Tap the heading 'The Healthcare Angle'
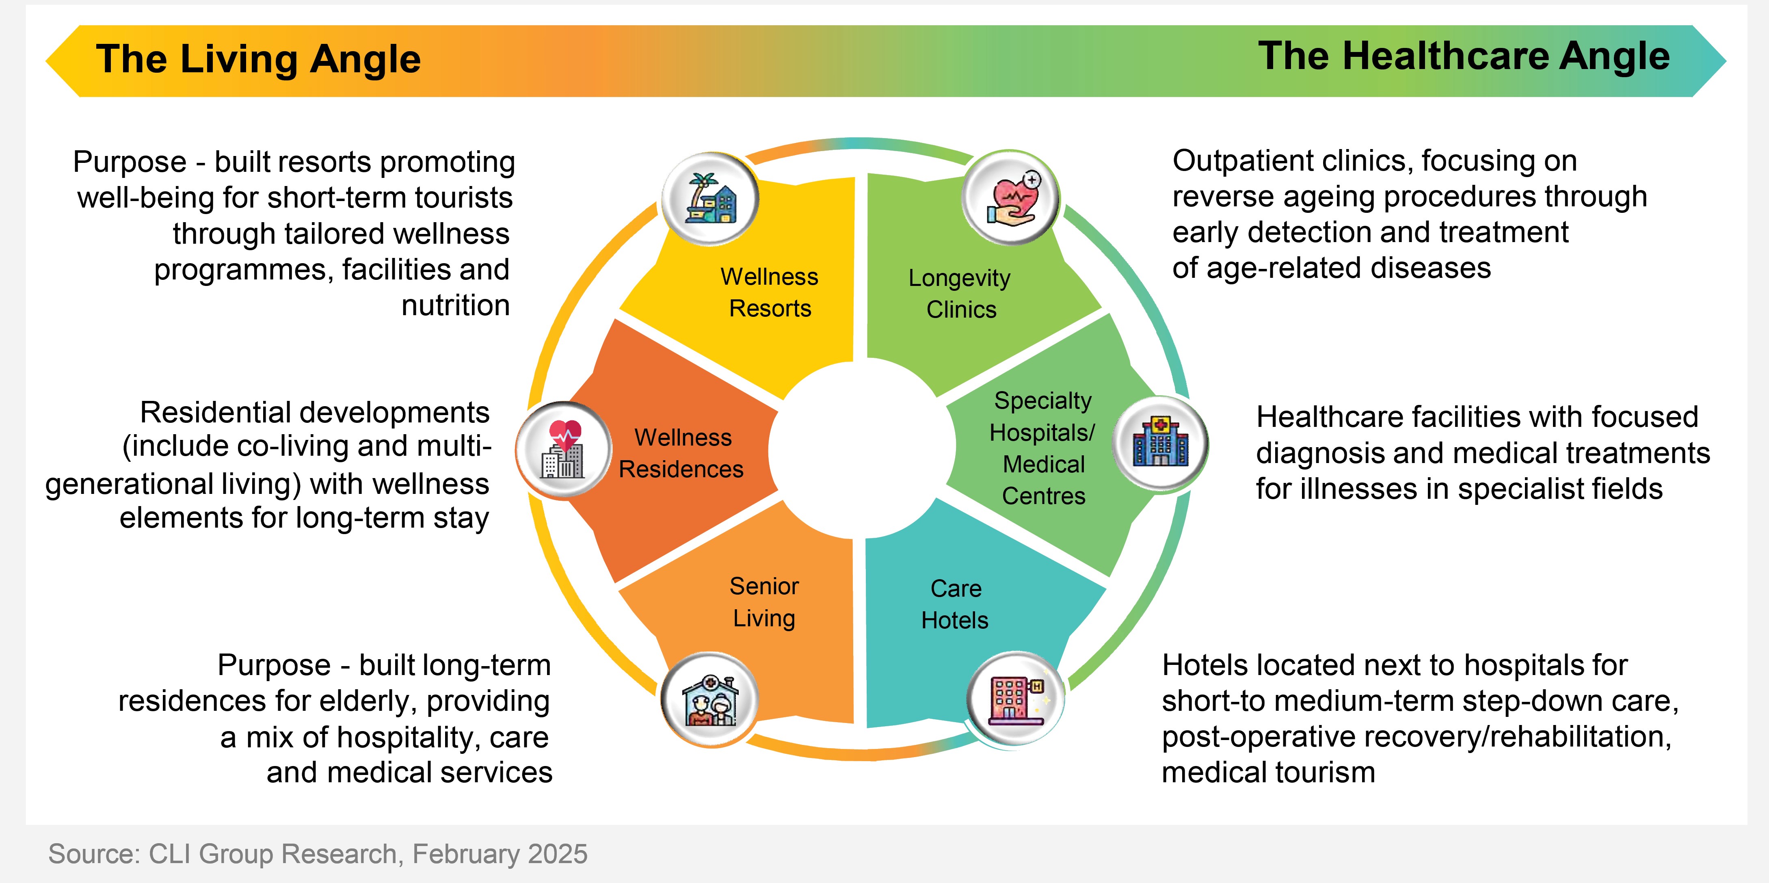coord(1464,56)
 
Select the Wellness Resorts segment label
coord(769,292)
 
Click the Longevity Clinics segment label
coord(960,294)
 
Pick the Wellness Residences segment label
coord(682,453)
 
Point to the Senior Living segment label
coord(763,602)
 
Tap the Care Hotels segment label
coord(955,604)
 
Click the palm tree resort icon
coord(711,199)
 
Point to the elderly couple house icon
coord(710,700)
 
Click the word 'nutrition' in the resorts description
coord(455,305)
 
